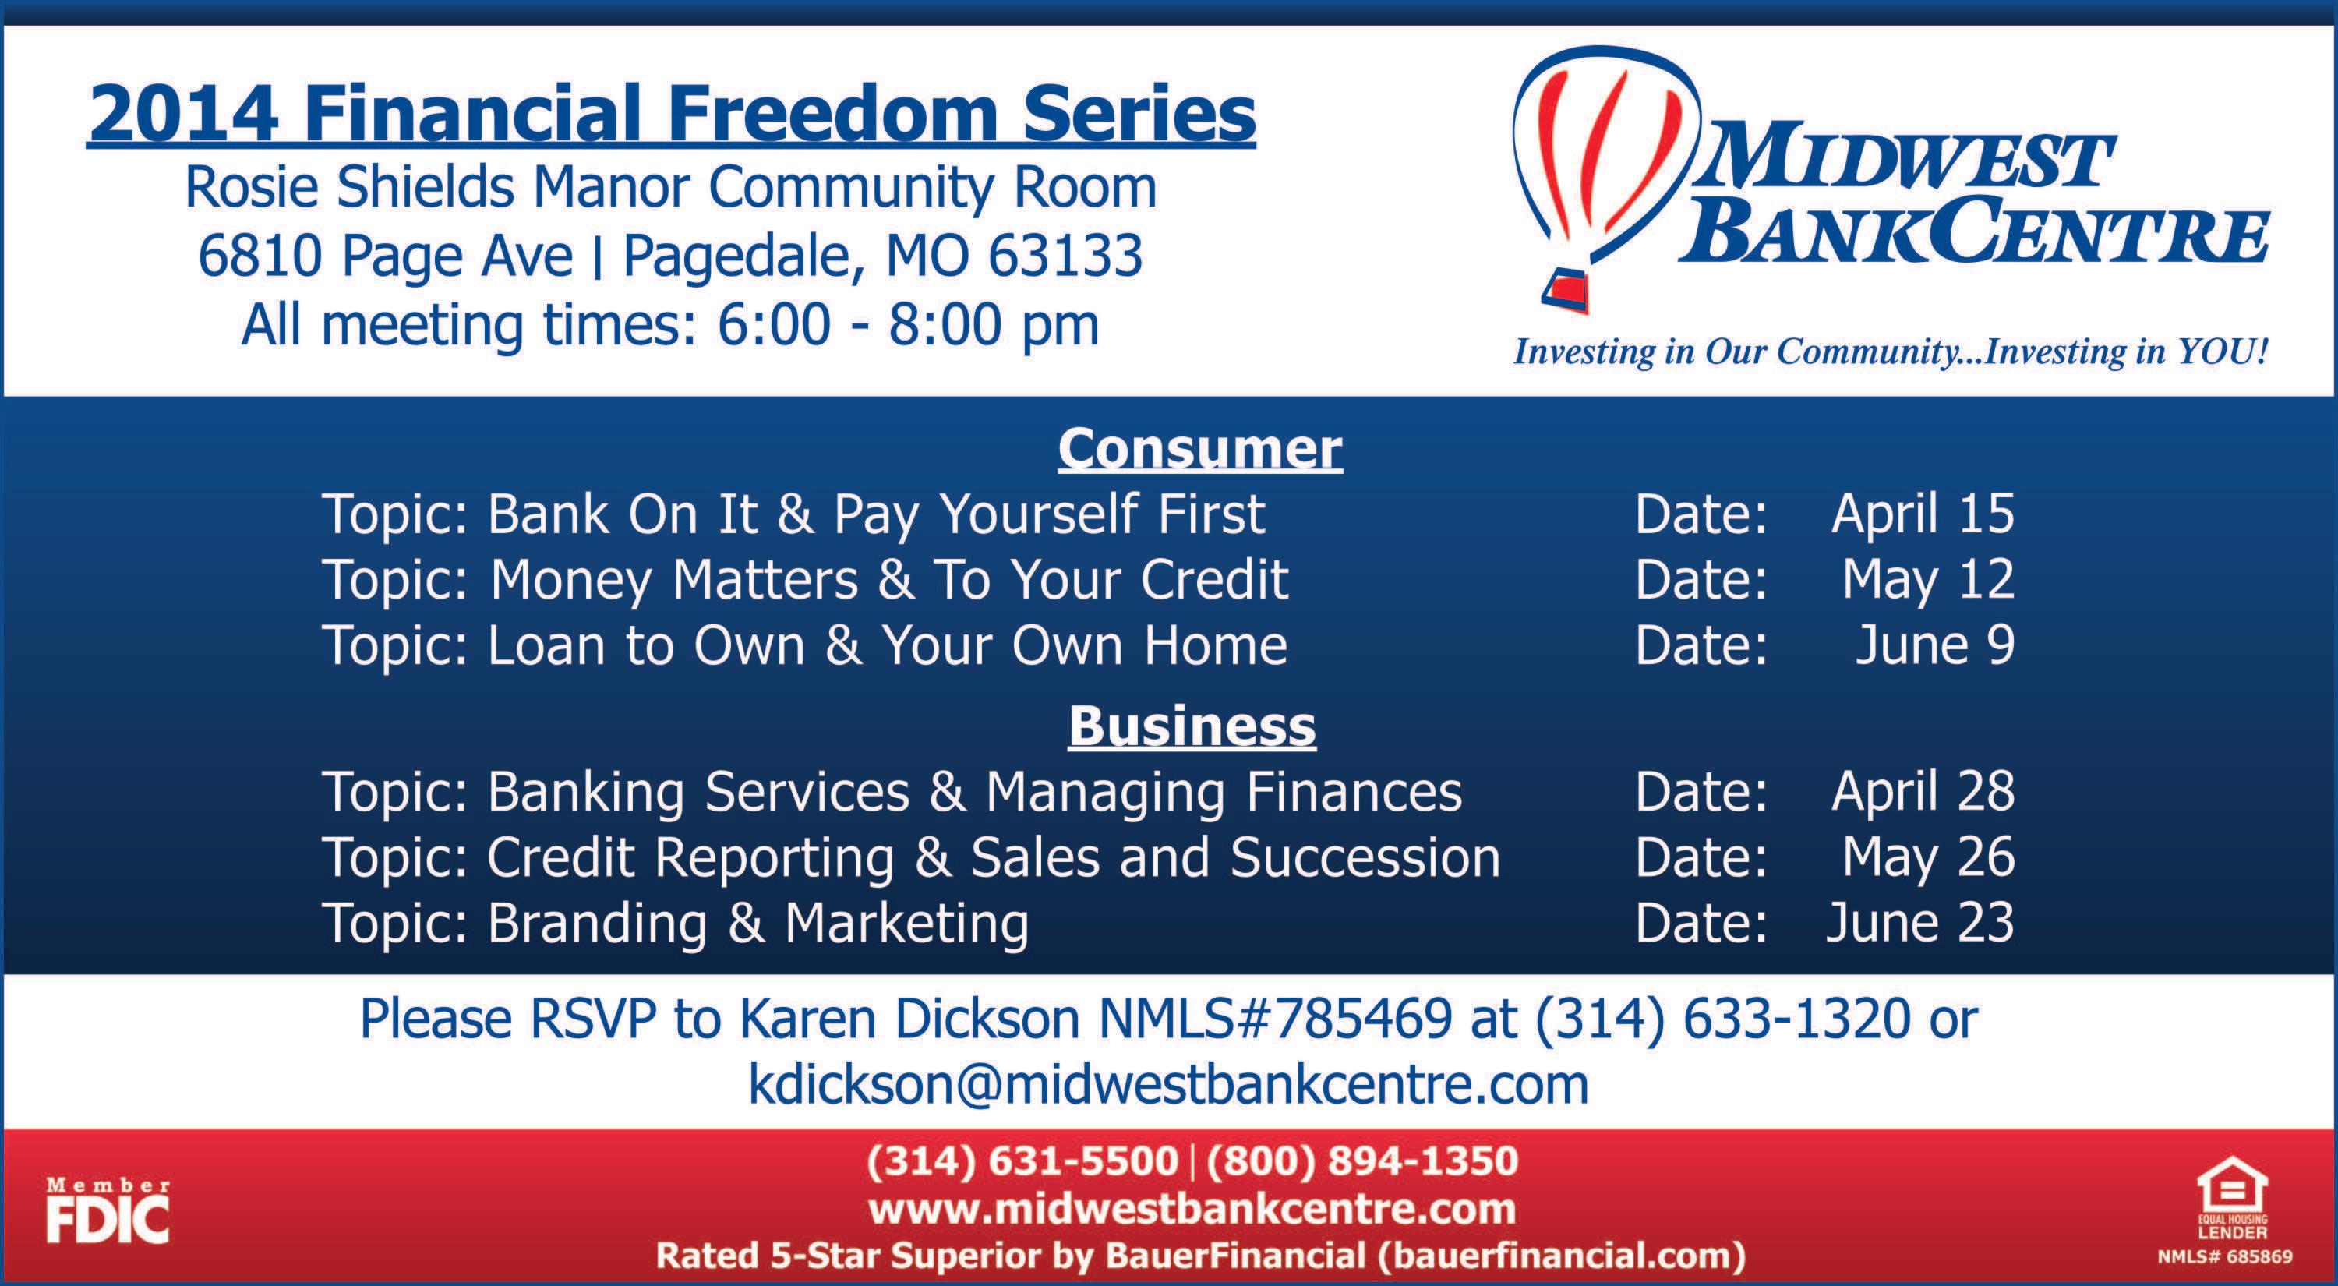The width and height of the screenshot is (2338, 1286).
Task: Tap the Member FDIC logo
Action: (x=108, y=1210)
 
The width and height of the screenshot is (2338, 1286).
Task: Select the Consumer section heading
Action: (x=1200, y=448)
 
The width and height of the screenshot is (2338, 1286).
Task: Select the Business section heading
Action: (x=1192, y=726)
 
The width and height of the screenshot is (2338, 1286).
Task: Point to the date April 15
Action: (x=1923, y=513)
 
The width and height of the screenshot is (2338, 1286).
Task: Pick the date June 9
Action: (x=1935, y=645)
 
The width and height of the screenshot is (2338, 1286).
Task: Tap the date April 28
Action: (x=1923, y=790)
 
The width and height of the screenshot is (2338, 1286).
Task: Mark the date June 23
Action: (x=1920, y=922)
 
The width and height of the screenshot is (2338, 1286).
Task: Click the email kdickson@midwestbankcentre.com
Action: (x=1169, y=1084)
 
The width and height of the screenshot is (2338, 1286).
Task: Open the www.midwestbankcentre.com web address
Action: (x=1192, y=1209)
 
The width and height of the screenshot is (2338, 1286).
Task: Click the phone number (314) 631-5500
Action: (x=1022, y=1161)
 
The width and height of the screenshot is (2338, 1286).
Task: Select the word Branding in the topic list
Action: (x=597, y=924)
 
